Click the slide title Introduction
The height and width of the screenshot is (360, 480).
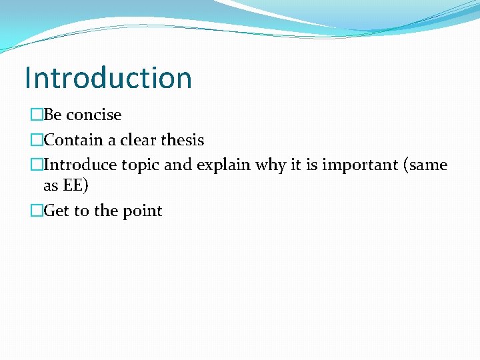coord(108,78)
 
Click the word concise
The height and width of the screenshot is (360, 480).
coord(93,115)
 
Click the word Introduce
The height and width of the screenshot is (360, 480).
coord(81,165)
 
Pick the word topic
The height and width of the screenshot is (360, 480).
coord(140,165)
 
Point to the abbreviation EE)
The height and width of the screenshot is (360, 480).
coord(75,186)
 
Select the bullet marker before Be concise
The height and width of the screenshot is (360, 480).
coord(36,115)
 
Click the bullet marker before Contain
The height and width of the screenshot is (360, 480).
coord(36,140)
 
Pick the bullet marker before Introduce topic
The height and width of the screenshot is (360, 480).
coord(36,165)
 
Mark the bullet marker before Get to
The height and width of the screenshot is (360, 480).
coord(36,211)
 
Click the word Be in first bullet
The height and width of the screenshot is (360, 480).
coord(53,115)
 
